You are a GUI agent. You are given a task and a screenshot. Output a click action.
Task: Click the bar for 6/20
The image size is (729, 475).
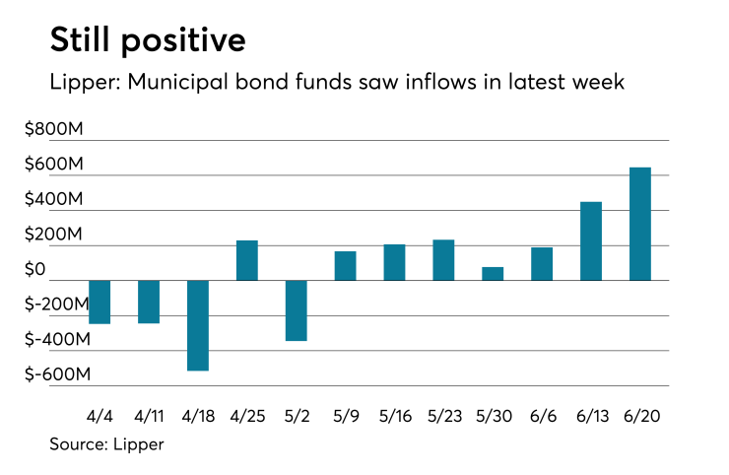pyautogui.click(x=639, y=224)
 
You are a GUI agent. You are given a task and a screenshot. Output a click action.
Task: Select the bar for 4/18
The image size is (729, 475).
pyautogui.click(x=198, y=325)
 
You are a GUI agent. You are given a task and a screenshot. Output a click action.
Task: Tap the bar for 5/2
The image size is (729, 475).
pyautogui.click(x=297, y=310)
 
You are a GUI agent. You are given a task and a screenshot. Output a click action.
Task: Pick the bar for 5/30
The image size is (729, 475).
pyautogui.click(x=493, y=273)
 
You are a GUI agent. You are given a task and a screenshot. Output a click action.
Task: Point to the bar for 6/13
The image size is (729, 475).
pyautogui.click(x=591, y=241)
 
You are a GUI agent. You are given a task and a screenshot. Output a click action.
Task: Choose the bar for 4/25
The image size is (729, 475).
pyautogui.click(x=247, y=260)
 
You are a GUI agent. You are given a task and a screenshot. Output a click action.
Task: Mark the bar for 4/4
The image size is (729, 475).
pyautogui.click(x=100, y=302)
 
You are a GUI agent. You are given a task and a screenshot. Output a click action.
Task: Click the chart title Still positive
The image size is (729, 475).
pyautogui.click(x=148, y=42)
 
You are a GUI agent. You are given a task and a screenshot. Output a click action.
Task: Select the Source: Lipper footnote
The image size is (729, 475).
pyautogui.click(x=106, y=444)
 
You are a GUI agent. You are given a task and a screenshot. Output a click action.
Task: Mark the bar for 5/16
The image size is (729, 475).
pyautogui.click(x=394, y=262)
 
